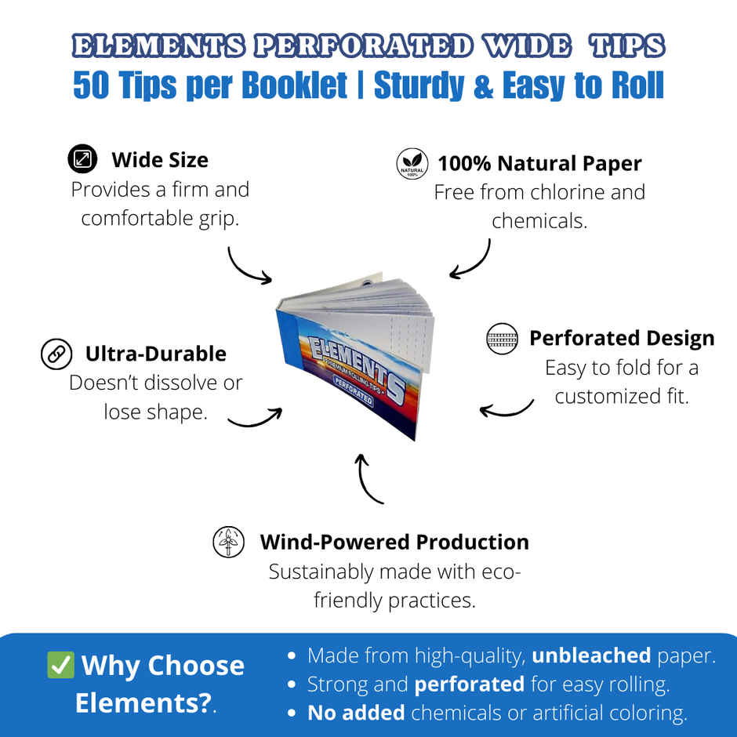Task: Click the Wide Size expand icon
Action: [x=82, y=159]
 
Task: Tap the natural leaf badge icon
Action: [x=412, y=164]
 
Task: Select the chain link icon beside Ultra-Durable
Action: [x=56, y=354]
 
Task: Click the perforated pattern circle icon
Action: [x=502, y=339]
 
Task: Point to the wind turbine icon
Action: [x=229, y=542]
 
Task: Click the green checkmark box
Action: [x=60, y=665]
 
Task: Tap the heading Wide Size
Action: [x=160, y=160]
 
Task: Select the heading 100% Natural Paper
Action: [x=539, y=164]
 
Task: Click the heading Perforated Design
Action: [x=622, y=338]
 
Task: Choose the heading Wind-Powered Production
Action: [x=394, y=542]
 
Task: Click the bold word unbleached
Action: [x=591, y=655]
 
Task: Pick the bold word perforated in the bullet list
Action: [x=469, y=684]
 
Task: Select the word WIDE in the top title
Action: [x=528, y=46]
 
